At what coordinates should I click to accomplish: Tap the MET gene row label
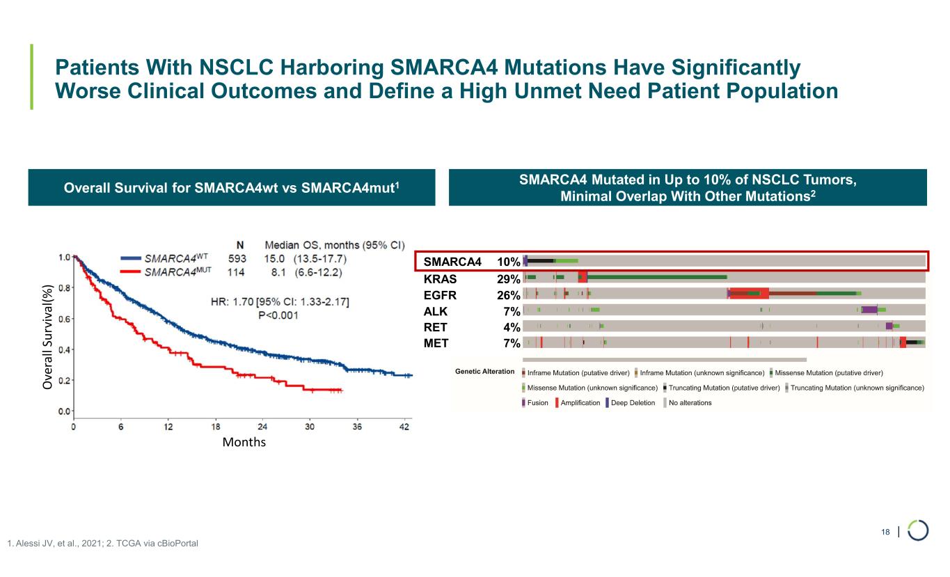pyautogui.click(x=436, y=342)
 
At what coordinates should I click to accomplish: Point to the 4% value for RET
pyautogui.click(x=512, y=326)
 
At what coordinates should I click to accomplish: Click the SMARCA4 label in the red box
pyautogui.click(x=452, y=262)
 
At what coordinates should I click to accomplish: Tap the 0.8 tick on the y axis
pyautogui.click(x=63, y=287)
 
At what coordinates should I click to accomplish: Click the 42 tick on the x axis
pyautogui.click(x=404, y=425)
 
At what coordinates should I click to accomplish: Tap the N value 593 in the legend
pyautogui.click(x=240, y=258)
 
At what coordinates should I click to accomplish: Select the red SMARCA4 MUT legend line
pyautogui.click(x=132, y=271)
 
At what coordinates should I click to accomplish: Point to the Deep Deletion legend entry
pyautogui.click(x=633, y=402)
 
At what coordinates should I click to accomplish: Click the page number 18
pyautogui.click(x=885, y=532)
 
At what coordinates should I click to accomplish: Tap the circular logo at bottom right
pyautogui.click(x=918, y=531)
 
